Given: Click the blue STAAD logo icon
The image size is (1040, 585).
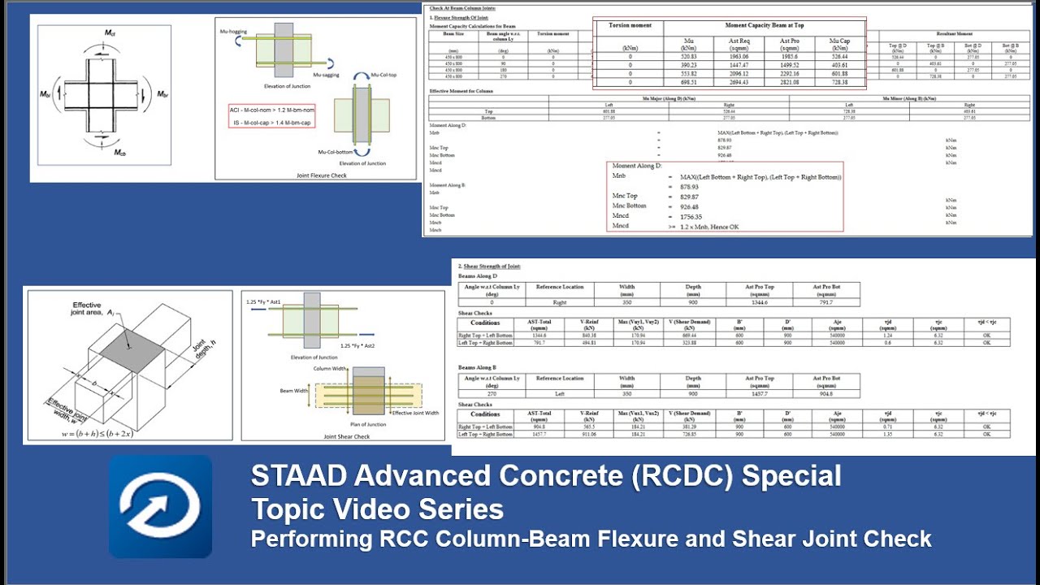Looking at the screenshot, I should click(x=160, y=506).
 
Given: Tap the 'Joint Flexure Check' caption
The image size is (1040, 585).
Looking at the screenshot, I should click(x=316, y=175).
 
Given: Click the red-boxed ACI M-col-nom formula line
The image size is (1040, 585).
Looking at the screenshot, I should click(x=271, y=109).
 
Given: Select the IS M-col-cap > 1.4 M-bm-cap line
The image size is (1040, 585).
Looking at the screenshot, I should click(x=271, y=123).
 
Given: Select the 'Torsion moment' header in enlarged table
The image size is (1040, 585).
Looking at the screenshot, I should click(x=630, y=25).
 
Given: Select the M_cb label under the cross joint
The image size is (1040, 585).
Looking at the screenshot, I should click(x=119, y=153).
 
